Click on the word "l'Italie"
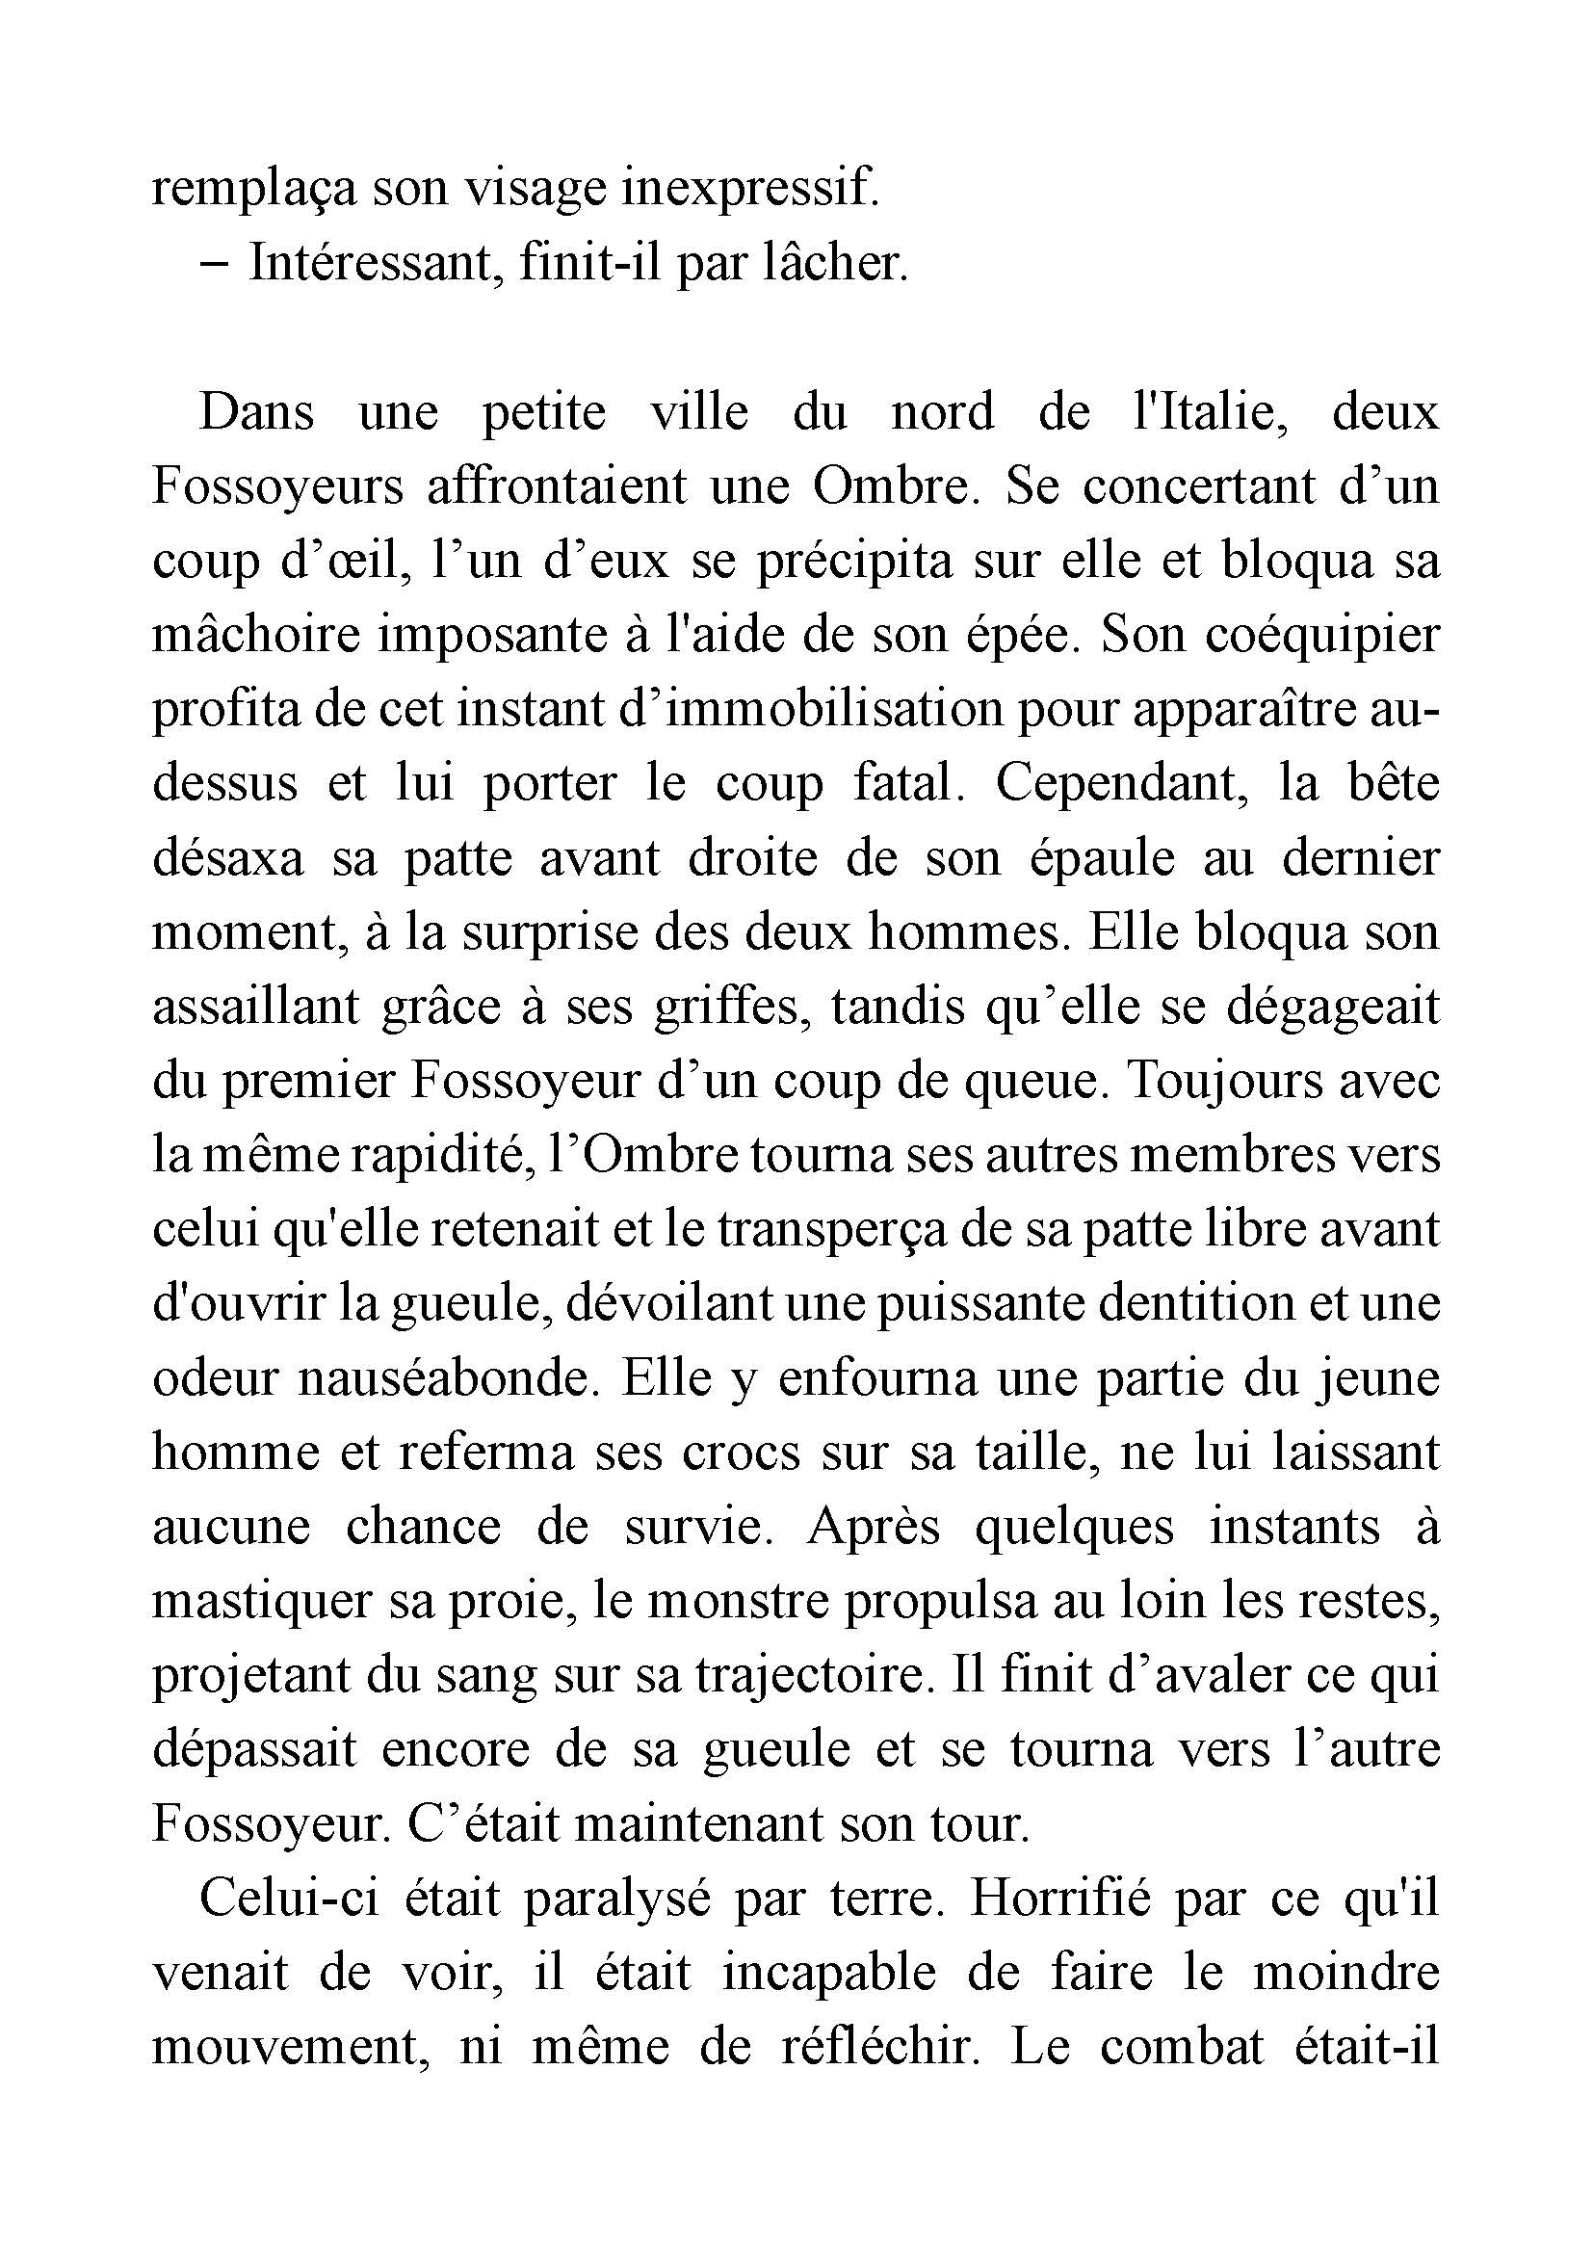tap(1209, 411)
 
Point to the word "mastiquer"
tap(261, 1603)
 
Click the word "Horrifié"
tap(1059, 1899)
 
